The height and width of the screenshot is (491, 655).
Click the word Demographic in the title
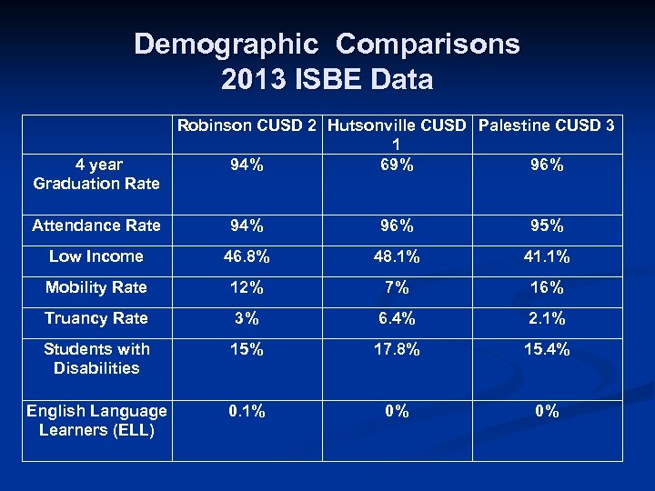pos(227,45)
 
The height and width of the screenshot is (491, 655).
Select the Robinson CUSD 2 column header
pos(248,125)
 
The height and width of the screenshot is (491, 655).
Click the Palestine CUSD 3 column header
pos(546,125)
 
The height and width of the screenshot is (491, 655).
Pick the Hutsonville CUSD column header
pos(396,126)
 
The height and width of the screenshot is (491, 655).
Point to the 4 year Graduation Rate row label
pos(96,174)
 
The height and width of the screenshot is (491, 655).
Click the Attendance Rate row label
pos(96,225)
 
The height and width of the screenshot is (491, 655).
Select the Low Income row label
pos(96,256)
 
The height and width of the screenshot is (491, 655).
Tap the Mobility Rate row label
pos(96,287)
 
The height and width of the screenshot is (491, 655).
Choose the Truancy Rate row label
pos(96,318)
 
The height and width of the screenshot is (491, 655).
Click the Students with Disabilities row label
pos(96,358)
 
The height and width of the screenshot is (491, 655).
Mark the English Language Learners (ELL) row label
pos(96,420)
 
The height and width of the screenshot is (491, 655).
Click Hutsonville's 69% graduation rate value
pos(396,165)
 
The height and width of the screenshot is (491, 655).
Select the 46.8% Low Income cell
pos(247,256)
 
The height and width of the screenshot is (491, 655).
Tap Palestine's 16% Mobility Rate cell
pos(547,287)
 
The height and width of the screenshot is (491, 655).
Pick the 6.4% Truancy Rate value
pos(396,318)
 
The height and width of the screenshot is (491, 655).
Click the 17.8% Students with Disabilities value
pos(396,349)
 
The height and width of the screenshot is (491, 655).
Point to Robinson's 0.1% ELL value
pos(247,411)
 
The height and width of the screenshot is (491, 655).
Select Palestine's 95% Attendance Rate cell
pos(547,225)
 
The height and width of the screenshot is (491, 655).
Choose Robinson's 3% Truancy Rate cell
pos(247,318)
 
